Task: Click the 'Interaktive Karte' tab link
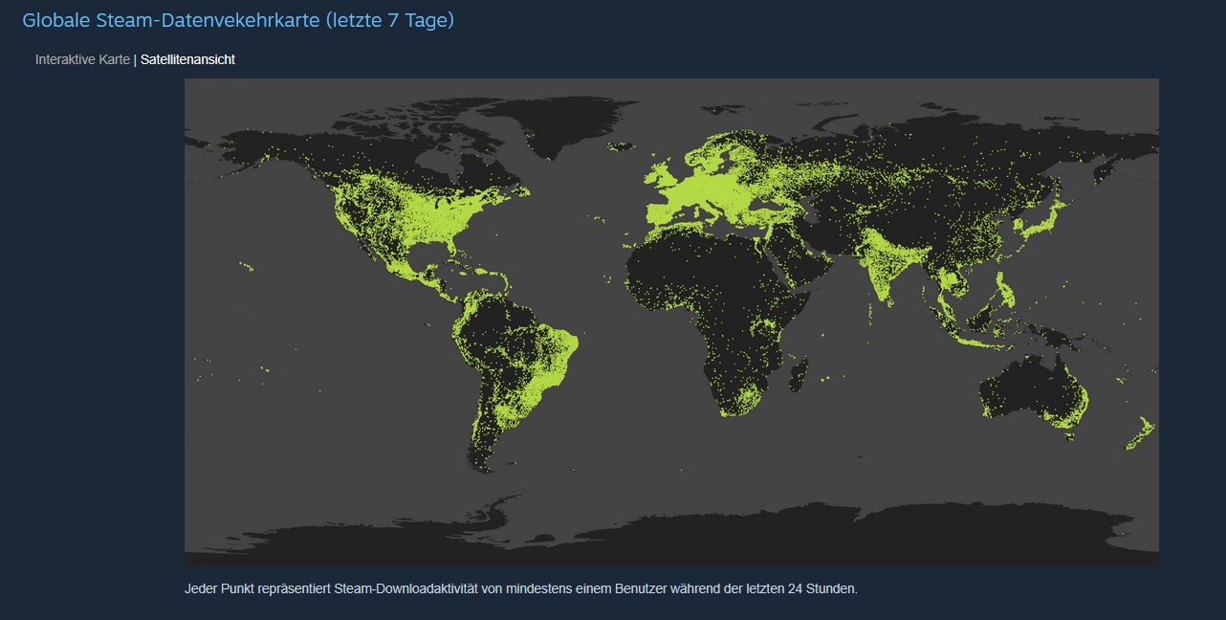[82, 59]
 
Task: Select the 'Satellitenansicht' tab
[187, 59]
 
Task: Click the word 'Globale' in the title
[55, 20]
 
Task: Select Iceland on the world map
[622, 146]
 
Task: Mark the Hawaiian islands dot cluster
[246, 267]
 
